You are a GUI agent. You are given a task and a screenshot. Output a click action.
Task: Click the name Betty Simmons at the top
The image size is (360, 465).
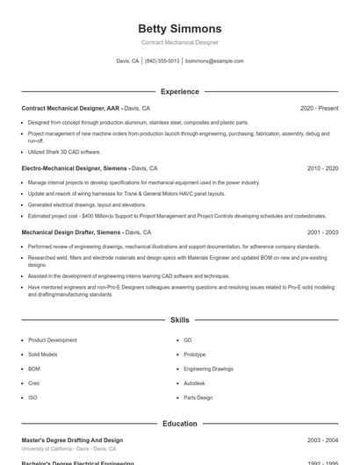(180, 29)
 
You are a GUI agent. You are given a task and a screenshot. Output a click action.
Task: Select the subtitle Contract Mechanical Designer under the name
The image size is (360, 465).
(180, 42)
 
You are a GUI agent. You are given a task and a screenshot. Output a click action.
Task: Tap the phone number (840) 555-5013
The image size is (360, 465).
(162, 61)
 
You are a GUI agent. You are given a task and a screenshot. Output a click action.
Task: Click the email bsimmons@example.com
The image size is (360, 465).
(214, 61)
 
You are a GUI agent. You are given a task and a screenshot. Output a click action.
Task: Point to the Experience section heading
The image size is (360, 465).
(180, 91)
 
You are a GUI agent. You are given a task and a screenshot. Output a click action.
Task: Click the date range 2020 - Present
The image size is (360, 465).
(319, 108)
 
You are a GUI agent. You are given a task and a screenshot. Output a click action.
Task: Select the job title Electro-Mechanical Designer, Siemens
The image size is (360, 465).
(75, 168)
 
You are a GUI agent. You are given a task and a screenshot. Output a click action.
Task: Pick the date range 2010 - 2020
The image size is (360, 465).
(322, 168)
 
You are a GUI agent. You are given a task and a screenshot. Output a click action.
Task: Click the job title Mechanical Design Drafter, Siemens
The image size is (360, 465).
(71, 232)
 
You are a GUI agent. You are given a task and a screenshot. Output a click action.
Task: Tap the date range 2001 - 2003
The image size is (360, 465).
(322, 232)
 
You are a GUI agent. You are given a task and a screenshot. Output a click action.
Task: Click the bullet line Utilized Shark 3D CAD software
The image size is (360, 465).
(64, 152)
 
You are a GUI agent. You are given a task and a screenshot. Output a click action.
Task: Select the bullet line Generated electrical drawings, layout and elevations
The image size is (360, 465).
(87, 204)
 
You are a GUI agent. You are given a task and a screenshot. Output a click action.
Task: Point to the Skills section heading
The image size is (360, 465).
(180, 320)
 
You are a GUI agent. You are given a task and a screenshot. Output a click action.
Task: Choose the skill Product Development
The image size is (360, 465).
(52, 340)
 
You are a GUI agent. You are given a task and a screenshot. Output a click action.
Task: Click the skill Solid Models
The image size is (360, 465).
(43, 354)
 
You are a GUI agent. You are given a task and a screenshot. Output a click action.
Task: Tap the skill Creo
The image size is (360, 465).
(34, 383)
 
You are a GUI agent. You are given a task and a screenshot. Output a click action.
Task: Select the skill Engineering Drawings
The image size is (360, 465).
(208, 368)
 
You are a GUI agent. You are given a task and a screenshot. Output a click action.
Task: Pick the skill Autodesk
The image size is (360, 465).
(194, 383)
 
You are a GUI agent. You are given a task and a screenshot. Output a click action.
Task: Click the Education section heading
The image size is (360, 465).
(180, 424)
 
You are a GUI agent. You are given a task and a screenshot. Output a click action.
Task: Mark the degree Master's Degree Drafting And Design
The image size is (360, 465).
(72, 440)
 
